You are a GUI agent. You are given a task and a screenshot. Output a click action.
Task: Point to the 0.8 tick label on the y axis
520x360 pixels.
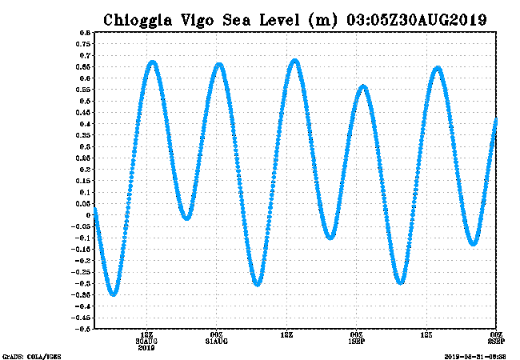(83, 33)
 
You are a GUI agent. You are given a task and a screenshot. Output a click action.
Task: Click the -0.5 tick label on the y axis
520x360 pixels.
(82, 328)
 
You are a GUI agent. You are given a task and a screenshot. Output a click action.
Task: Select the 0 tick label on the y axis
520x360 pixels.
(87, 214)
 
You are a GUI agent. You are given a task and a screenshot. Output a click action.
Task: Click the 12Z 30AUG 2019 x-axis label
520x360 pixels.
(146, 339)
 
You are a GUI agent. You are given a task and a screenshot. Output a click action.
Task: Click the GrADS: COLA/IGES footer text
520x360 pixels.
(32, 355)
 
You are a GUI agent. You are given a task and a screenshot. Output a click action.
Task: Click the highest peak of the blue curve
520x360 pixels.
(296, 61)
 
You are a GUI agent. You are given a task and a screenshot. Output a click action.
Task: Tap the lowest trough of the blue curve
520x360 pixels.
(114, 294)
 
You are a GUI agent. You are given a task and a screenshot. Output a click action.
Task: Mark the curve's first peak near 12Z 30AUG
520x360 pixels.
(152, 62)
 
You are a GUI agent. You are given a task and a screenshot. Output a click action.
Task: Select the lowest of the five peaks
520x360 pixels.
(363, 86)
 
